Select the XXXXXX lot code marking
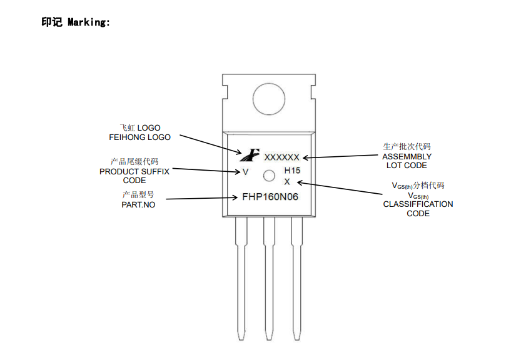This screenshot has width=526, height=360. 282,157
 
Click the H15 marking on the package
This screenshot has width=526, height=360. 293,171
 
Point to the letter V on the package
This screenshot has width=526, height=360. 246,171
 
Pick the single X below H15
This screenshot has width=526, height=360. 287,181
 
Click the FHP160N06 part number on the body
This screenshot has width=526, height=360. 270,196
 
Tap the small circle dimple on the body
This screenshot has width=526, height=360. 269,176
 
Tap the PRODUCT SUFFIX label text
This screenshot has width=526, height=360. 134,171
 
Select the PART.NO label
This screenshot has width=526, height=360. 138,204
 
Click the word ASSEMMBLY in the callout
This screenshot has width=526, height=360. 407,156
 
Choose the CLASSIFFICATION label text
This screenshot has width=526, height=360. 418,204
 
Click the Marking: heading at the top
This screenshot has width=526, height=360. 76,22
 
